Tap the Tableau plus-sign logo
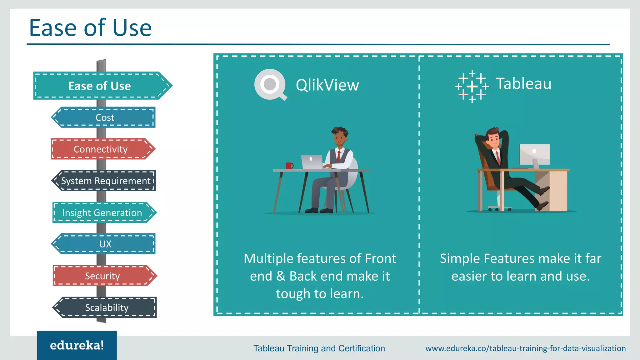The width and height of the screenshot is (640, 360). pos(472,87)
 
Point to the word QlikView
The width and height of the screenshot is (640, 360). pos(327,85)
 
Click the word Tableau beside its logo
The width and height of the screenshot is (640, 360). pos(524,84)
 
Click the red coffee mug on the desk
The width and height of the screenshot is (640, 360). pos(289,166)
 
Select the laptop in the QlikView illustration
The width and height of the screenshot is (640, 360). pos(312,162)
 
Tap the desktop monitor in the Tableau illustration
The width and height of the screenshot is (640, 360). pos(534,154)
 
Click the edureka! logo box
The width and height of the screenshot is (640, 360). pos(77,345)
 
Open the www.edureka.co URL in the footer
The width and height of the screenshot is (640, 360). pos(525,348)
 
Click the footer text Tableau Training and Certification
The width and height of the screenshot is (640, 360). pos(319,348)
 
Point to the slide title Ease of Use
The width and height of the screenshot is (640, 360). pos(90,28)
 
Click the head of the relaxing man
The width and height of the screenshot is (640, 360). pos(494,137)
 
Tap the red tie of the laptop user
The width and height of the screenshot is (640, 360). pos(338,155)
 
